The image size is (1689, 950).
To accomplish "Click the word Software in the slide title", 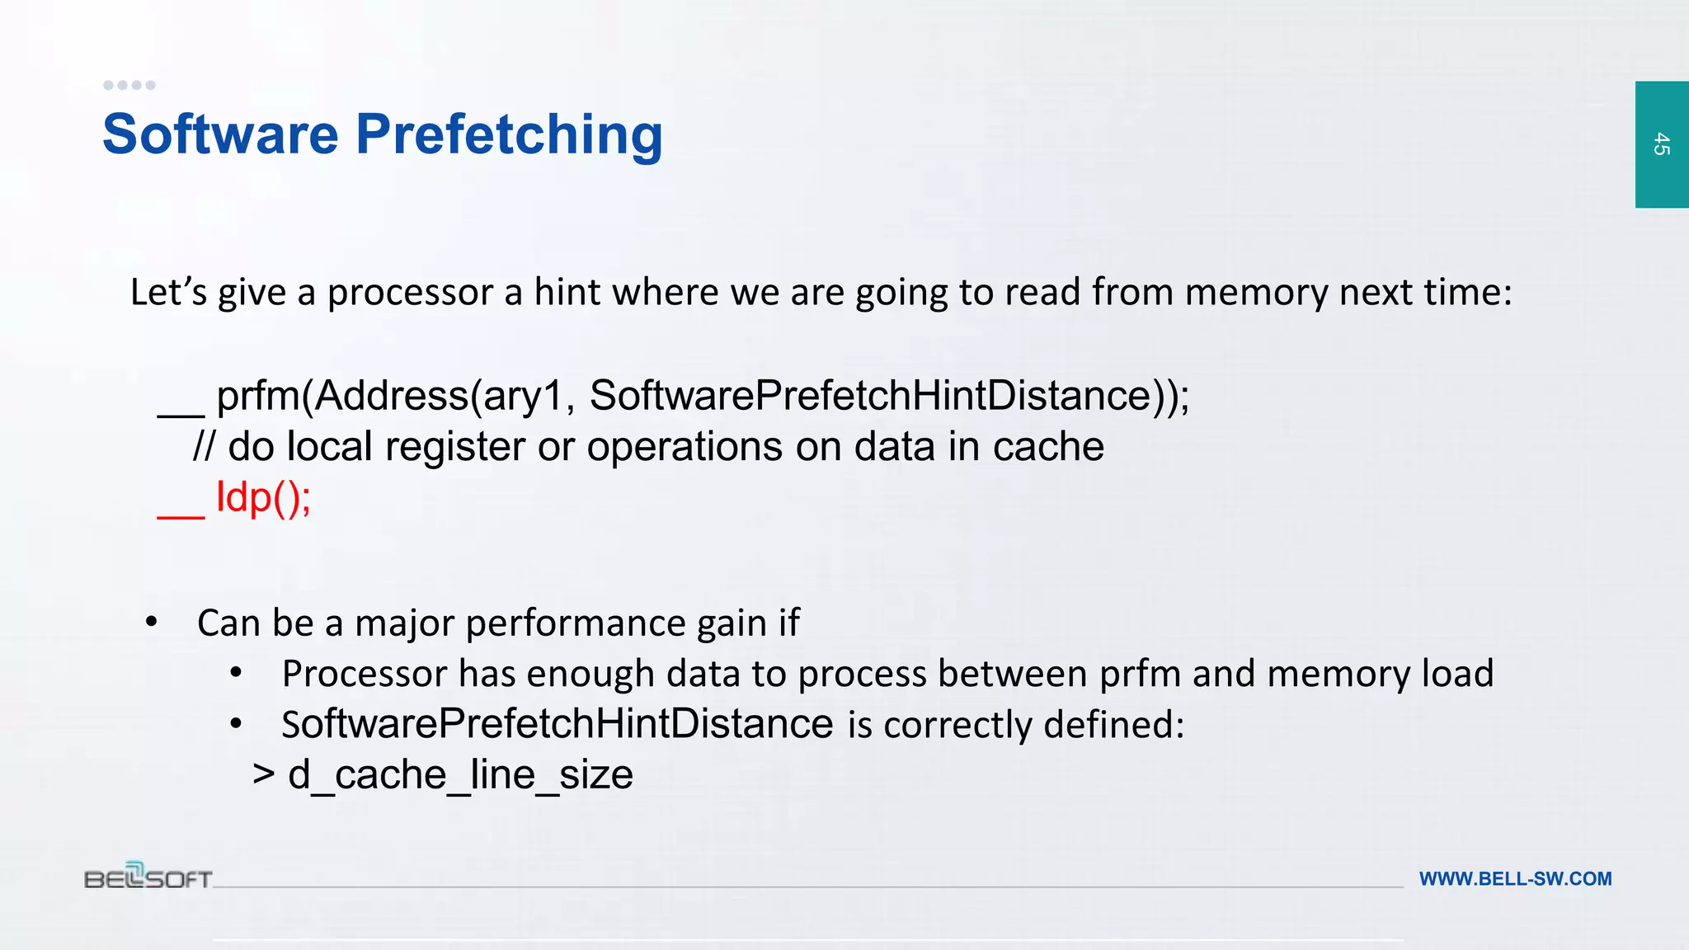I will pos(220,134).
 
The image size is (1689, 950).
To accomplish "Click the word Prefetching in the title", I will pos(509,135).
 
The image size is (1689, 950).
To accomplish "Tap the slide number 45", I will pos(1661,144).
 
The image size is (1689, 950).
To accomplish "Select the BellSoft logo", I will pos(148,876).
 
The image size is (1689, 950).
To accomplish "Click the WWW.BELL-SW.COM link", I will pos(1515,879).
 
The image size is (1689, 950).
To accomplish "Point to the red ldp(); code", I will pos(263,497).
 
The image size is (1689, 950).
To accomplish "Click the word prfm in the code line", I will pos(258,397).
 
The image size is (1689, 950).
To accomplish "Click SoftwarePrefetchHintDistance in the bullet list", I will pos(558,724).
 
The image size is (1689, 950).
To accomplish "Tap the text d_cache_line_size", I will pos(460,775).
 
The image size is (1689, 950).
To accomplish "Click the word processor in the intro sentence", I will pos(410,293).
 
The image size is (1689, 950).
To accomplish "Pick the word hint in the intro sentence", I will pos(567,292).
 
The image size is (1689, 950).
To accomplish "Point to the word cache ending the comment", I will pos(1048,447).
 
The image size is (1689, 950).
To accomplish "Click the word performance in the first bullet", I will pos(576,623).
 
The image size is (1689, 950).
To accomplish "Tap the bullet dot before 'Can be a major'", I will pos(151,622).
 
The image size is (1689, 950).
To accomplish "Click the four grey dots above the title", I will pos(129,85).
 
